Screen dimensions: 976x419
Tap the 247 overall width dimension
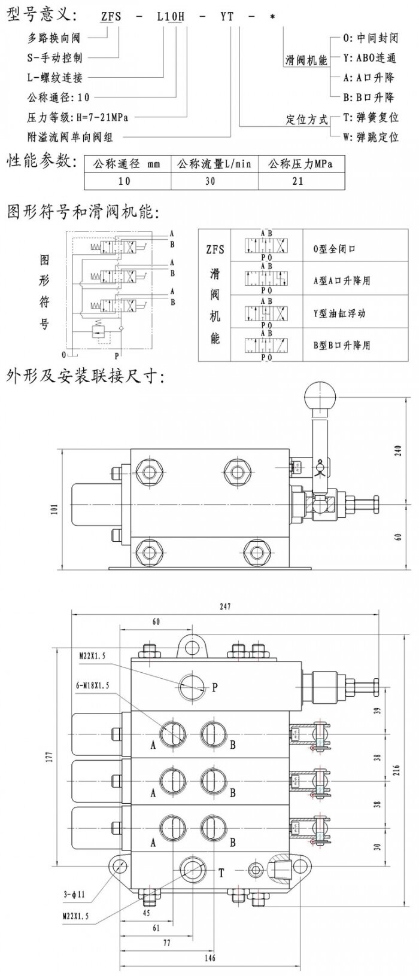pyautogui.click(x=224, y=606)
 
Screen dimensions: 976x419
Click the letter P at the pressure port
pyautogui.click(x=215, y=687)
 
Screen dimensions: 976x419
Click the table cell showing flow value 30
pyautogui.click(x=210, y=181)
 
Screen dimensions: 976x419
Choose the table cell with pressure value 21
pyautogui.click(x=297, y=181)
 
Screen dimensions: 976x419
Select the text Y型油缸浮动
pyautogui.click(x=339, y=313)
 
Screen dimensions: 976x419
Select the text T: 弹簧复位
pyautogui.click(x=369, y=118)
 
